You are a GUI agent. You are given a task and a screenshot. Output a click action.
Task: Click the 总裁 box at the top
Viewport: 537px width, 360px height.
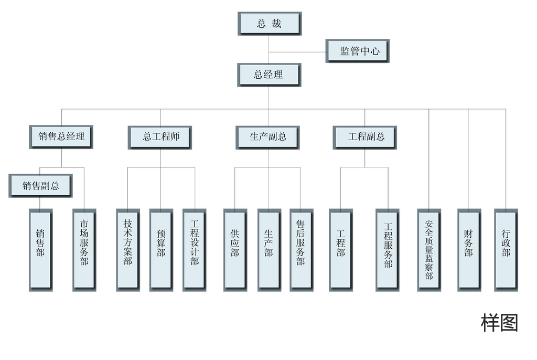click(x=270, y=24)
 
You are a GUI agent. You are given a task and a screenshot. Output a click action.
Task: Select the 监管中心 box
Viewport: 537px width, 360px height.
click(x=358, y=51)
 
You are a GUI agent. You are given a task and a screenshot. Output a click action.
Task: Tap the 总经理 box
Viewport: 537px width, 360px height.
click(x=269, y=75)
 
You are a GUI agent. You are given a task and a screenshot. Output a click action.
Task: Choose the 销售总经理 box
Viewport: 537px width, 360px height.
click(x=61, y=137)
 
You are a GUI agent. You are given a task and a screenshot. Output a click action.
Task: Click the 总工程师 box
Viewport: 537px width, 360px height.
click(x=160, y=137)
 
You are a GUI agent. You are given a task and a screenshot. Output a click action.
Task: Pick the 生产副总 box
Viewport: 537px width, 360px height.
click(x=268, y=137)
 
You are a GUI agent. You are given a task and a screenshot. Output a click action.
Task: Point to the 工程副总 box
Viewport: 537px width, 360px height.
click(x=365, y=137)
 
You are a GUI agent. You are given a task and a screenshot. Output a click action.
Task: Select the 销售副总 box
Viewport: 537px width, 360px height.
click(x=40, y=186)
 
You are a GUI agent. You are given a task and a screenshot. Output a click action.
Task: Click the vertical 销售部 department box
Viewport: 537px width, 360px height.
click(x=40, y=249)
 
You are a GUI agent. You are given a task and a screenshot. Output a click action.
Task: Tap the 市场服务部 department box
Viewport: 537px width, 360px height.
click(x=84, y=249)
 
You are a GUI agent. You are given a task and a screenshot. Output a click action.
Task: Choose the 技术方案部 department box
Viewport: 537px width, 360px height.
click(x=128, y=249)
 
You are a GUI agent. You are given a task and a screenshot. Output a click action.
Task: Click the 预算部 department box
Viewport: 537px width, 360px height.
click(x=161, y=249)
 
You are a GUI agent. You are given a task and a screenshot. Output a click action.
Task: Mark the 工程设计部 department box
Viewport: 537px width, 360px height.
click(x=195, y=249)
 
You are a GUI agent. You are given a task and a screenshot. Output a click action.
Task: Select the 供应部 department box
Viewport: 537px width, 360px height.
click(x=235, y=249)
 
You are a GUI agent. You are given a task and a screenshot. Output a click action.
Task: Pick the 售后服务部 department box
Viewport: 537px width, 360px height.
click(x=300, y=249)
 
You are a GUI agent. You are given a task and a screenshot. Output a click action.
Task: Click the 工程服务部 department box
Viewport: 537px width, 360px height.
click(x=388, y=249)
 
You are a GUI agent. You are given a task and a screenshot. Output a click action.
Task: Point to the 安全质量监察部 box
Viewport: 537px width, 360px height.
click(x=429, y=249)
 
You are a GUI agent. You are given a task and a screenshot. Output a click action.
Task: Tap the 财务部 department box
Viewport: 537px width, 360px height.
click(x=469, y=249)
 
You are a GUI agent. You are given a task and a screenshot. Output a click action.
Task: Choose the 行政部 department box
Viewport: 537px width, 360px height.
click(x=506, y=249)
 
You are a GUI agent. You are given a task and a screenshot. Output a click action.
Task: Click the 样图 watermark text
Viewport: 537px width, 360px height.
click(x=499, y=323)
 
